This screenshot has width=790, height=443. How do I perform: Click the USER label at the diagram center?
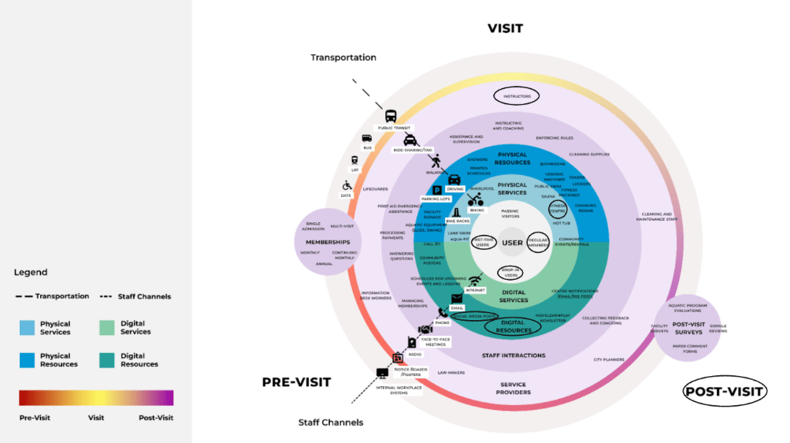point(512,243)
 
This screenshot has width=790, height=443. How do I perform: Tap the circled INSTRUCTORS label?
point(517,96)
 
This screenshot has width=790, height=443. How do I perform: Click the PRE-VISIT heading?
point(295,382)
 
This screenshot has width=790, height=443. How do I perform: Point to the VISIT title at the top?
point(505,29)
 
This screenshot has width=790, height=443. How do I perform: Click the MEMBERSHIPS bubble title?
point(328,241)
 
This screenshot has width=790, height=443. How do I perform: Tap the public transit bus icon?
point(388,114)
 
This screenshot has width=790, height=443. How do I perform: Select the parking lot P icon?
point(437,189)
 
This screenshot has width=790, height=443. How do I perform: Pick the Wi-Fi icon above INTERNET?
point(475,280)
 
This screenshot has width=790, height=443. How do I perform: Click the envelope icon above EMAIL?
point(456,297)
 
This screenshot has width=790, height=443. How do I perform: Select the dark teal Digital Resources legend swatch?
point(107,360)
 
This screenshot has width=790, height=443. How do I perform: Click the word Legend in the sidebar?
point(31,273)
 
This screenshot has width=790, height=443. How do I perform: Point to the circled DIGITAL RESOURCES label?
point(513,326)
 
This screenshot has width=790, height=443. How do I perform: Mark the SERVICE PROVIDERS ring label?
point(514,389)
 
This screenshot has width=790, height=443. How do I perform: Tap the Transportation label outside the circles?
point(343,58)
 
